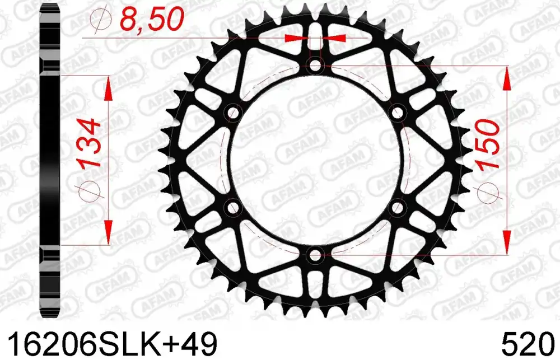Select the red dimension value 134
[x=87, y=143]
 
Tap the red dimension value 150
[x=487, y=144]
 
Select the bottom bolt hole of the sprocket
[x=315, y=255]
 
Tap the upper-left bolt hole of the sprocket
[x=233, y=113]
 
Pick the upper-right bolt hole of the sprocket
[x=397, y=113]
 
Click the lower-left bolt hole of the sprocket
[x=233, y=208]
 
